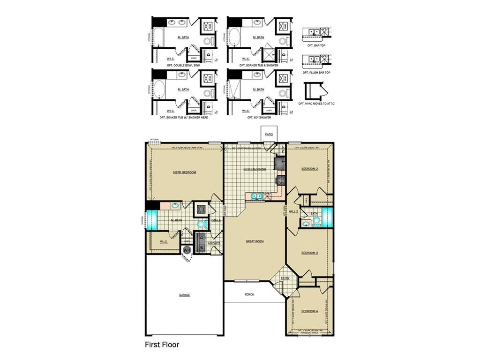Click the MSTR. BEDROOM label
tap(184, 172)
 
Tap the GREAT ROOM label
tap(255, 241)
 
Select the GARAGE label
tap(184, 295)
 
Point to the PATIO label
tap(269, 135)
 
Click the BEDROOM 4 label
tap(309, 311)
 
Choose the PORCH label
tap(249, 294)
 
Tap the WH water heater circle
tap(187, 250)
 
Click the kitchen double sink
tap(256, 196)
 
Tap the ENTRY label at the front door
tap(285, 278)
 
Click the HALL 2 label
tap(293, 212)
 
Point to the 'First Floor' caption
tap(161, 345)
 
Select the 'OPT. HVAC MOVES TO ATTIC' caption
tap(316, 104)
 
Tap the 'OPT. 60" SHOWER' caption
tap(259, 117)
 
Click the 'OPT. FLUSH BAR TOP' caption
tap(316, 73)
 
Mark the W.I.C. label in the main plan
tap(164, 242)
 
